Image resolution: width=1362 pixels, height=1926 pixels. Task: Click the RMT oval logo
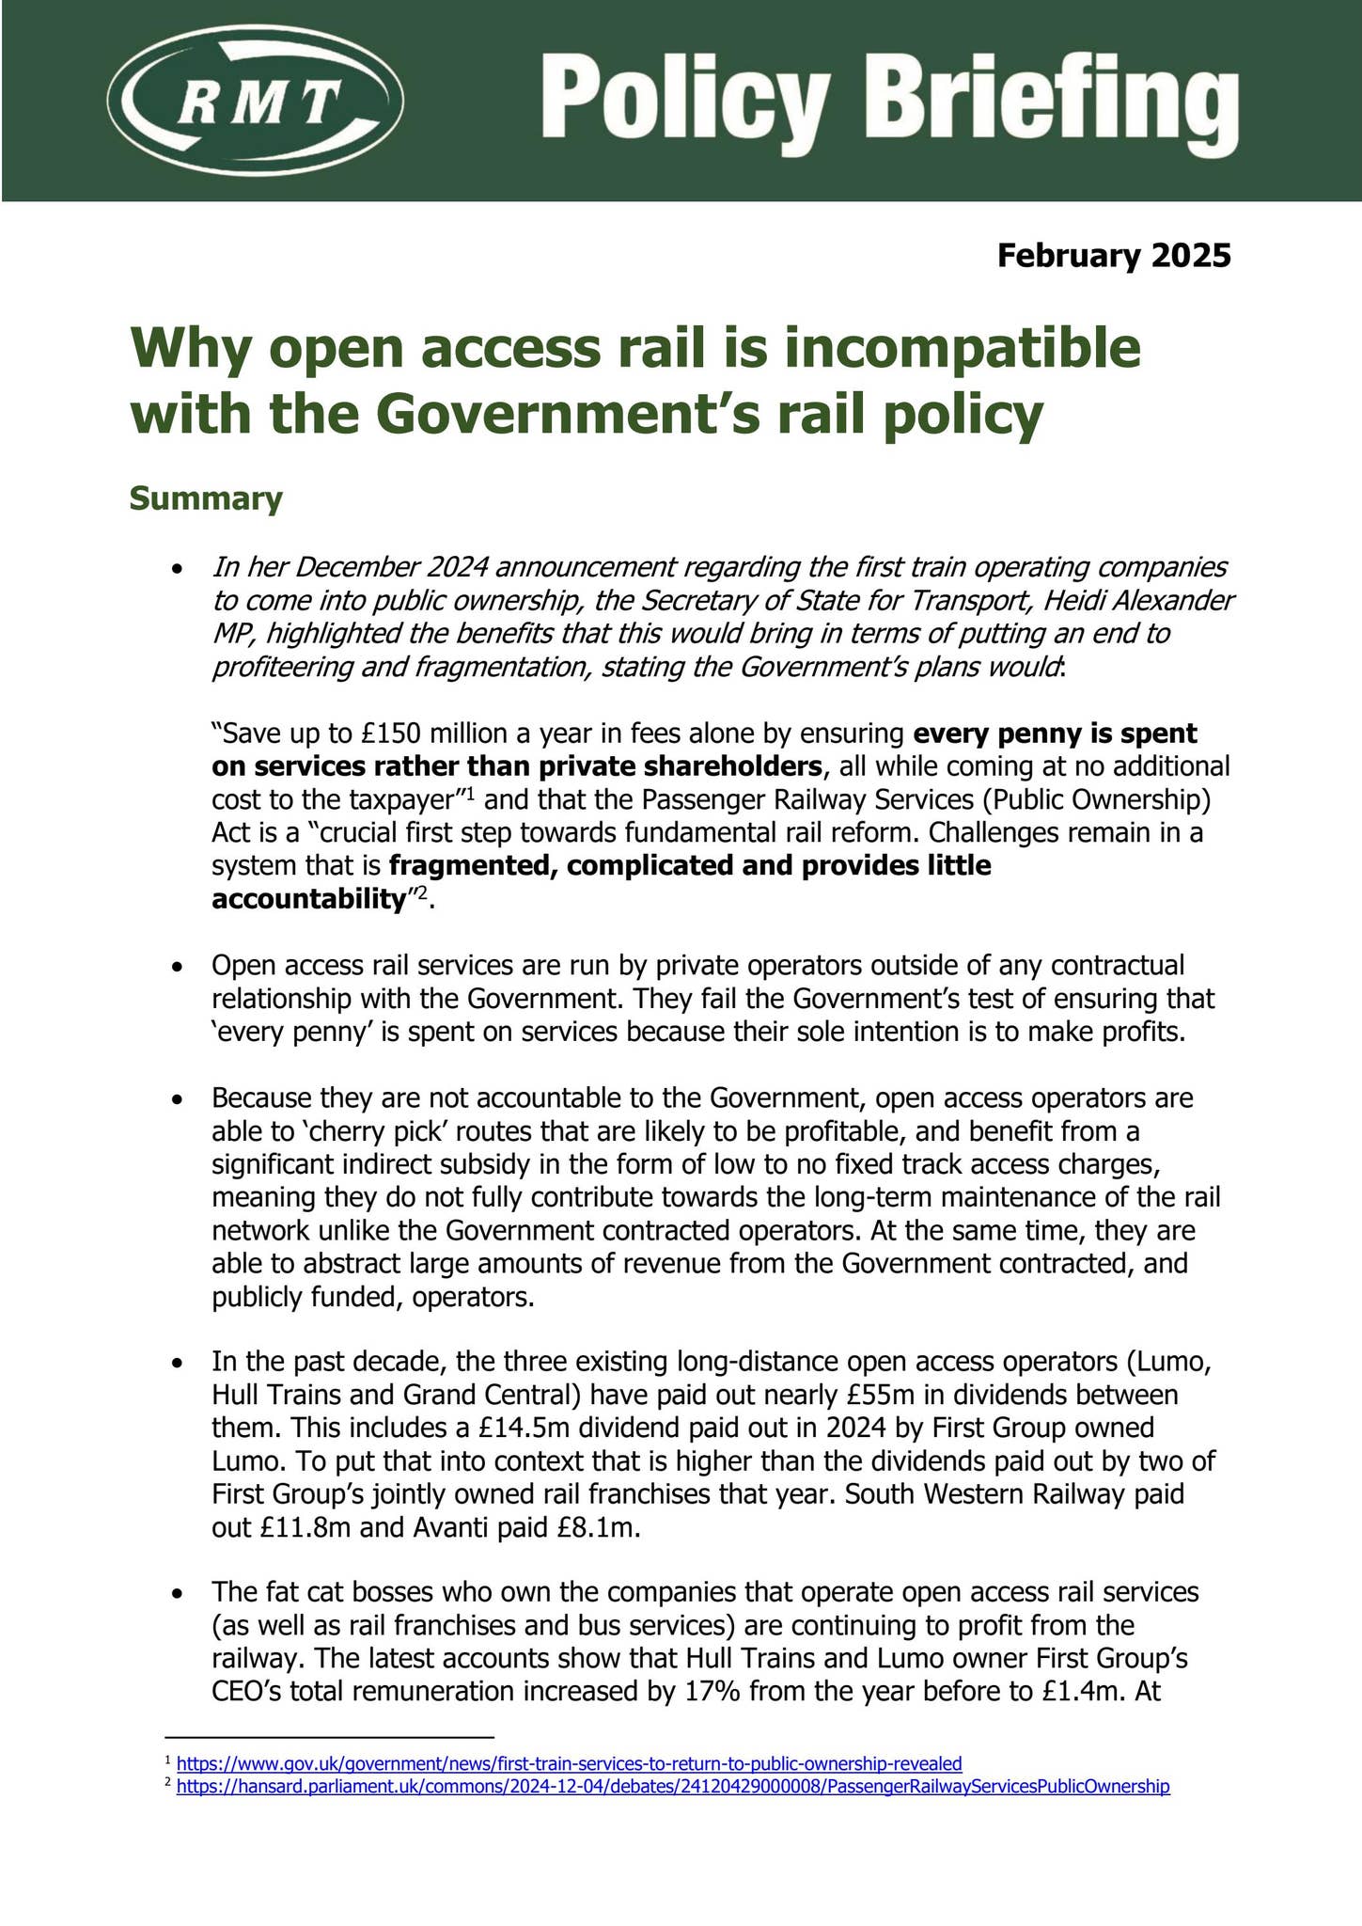[x=257, y=100]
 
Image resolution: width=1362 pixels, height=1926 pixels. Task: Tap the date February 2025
[x=1114, y=256]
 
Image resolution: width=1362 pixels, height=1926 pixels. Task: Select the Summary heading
[x=205, y=498]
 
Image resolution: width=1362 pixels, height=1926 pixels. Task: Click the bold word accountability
[x=307, y=900]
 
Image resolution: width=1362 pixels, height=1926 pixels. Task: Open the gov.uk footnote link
[x=569, y=1763]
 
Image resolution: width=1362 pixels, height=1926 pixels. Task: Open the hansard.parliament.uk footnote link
[x=673, y=1787]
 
